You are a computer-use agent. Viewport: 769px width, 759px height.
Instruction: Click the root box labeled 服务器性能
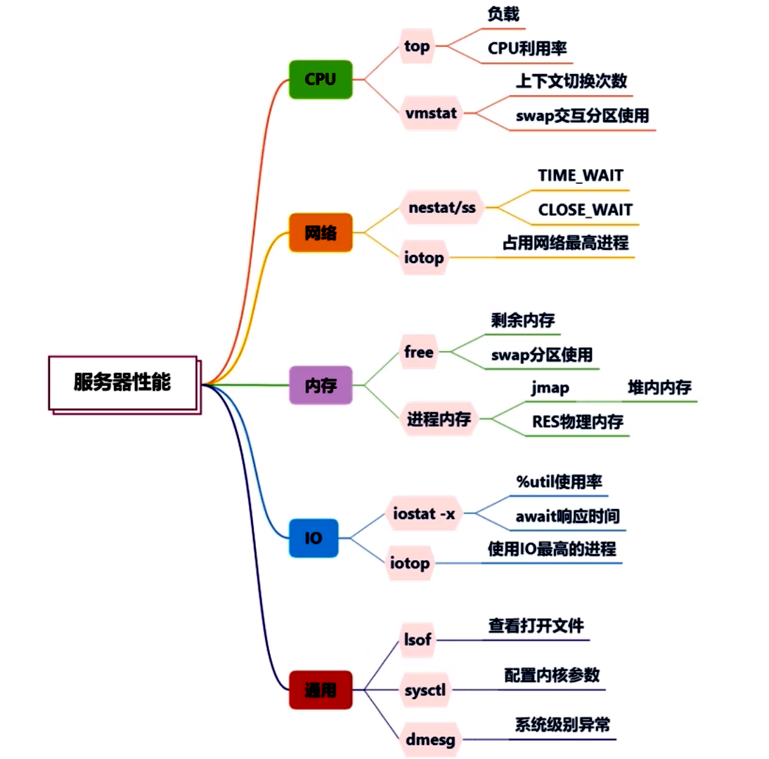(122, 383)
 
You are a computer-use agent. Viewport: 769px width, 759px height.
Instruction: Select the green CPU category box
(321, 79)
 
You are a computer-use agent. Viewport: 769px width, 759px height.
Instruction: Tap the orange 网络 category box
(320, 232)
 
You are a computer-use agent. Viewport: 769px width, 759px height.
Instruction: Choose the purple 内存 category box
(320, 385)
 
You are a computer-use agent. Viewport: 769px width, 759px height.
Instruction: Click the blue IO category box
(314, 538)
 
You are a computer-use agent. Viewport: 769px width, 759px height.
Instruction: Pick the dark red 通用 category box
(320, 689)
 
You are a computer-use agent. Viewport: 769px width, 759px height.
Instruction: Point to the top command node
(417, 46)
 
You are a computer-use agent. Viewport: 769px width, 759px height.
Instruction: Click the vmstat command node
(431, 112)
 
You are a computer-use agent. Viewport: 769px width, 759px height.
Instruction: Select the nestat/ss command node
(442, 207)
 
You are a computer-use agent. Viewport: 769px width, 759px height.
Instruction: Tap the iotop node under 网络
(424, 258)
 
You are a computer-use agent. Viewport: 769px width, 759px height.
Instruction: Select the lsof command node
(417, 639)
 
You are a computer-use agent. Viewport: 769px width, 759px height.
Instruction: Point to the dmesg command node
(430, 739)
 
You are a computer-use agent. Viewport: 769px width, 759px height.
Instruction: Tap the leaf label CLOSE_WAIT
(585, 209)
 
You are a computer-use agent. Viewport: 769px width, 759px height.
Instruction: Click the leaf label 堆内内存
(659, 388)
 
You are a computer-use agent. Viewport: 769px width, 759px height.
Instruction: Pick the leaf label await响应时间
(567, 517)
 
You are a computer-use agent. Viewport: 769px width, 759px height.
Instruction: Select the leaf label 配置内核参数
(552, 675)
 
